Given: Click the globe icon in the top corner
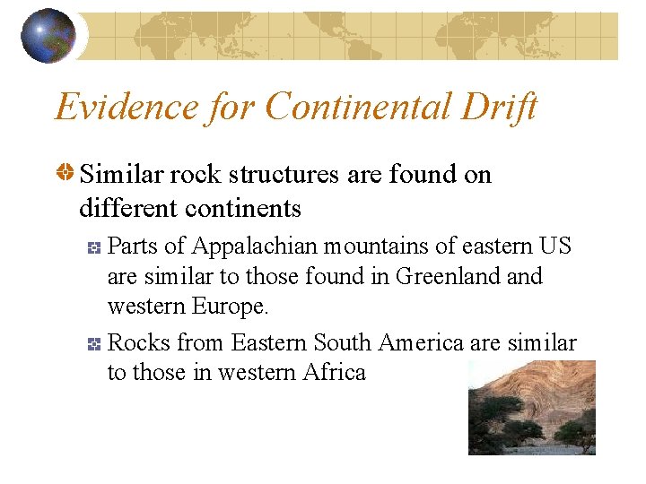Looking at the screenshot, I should click(48, 36).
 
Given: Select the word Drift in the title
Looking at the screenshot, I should click(504, 107).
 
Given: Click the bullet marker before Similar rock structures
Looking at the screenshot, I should click(65, 175).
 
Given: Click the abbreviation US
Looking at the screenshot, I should click(554, 246).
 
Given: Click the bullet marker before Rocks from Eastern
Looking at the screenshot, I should click(96, 344).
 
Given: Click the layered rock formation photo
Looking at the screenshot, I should click(531, 407).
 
